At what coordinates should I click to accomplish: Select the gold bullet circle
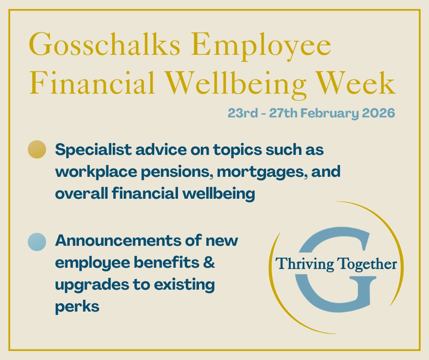point(37,150)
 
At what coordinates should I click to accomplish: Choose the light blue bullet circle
point(37,241)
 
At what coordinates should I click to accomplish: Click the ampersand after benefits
point(209,264)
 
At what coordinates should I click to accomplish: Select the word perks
point(77,307)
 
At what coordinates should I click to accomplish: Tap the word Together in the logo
point(365,264)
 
